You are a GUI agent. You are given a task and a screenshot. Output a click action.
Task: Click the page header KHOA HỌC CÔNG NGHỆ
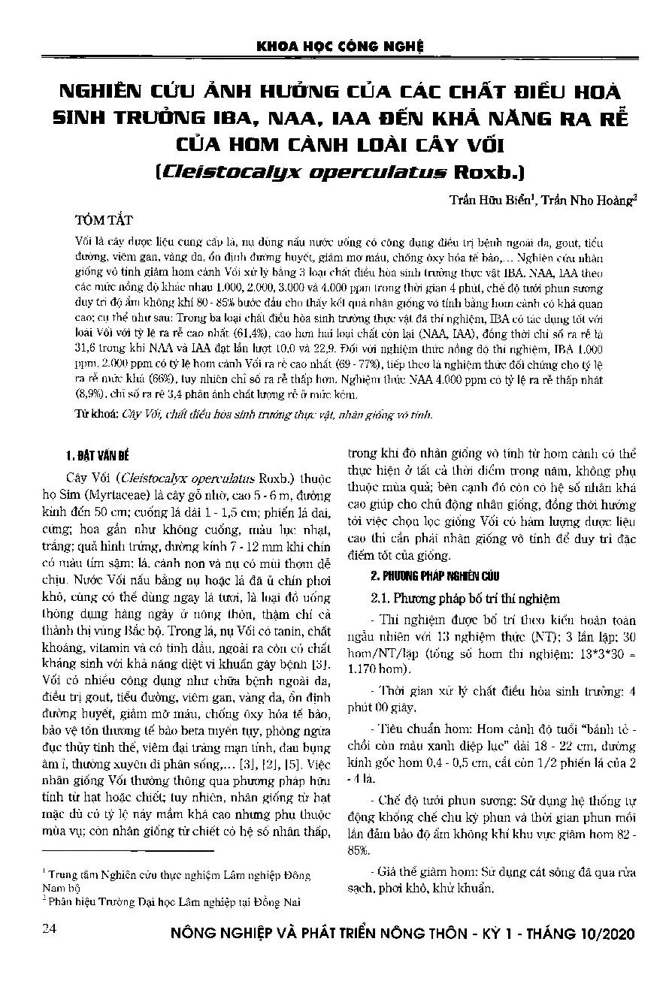coord(341,46)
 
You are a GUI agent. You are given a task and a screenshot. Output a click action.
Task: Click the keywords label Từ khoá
coord(98,414)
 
